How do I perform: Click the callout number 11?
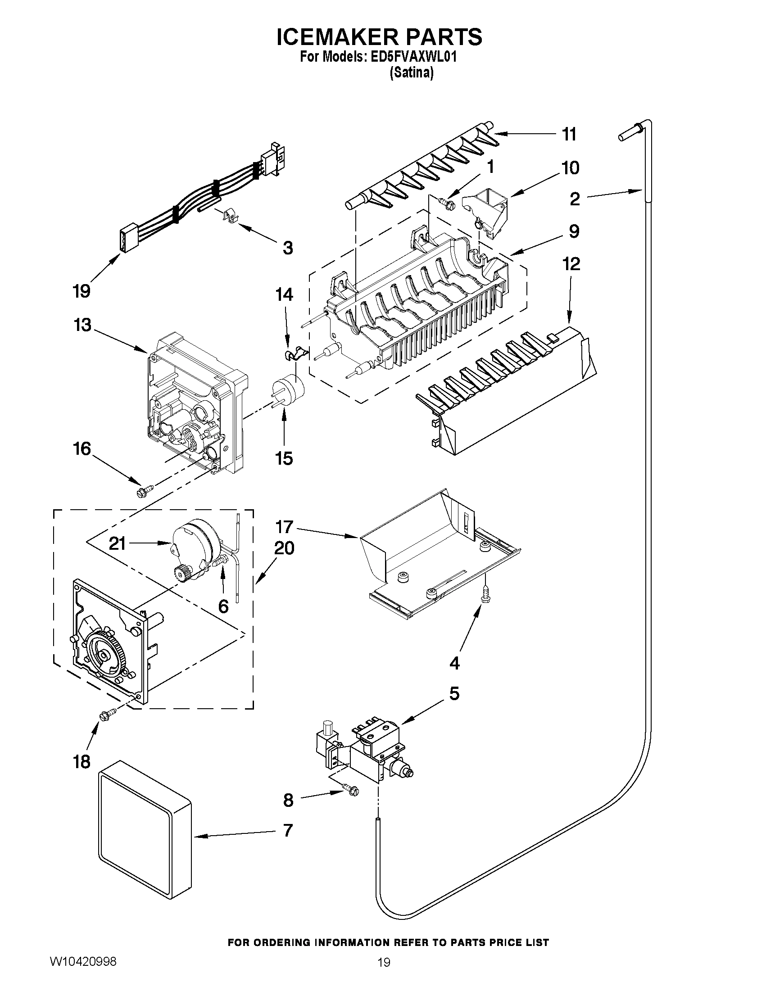(569, 134)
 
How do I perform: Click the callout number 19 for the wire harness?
(82, 290)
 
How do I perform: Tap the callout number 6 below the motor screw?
(223, 606)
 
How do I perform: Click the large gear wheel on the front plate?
(104, 654)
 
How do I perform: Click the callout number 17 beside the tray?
(285, 527)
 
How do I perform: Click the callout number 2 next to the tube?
(575, 199)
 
